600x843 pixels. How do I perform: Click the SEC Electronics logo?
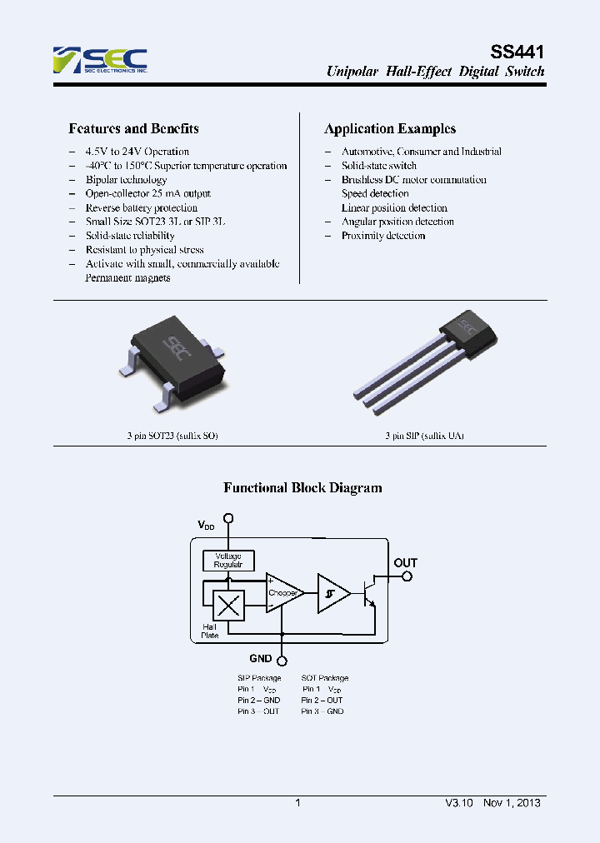pos(99,60)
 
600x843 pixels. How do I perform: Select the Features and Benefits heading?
pos(133,129)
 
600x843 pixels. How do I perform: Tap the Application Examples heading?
pos(389,129)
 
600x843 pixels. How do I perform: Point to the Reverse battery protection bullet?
pos(141,207)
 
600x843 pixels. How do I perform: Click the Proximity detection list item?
pos(382,236)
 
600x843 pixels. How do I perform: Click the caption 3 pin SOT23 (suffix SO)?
pos(167,436)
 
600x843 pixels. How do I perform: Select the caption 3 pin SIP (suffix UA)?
pos(424,436)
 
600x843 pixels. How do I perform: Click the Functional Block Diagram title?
pos(302,488)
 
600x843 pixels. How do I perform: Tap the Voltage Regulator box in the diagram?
pos(228,561)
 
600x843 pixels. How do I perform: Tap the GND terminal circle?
pos(283,661)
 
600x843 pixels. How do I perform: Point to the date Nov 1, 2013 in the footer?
pos(511,803)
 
